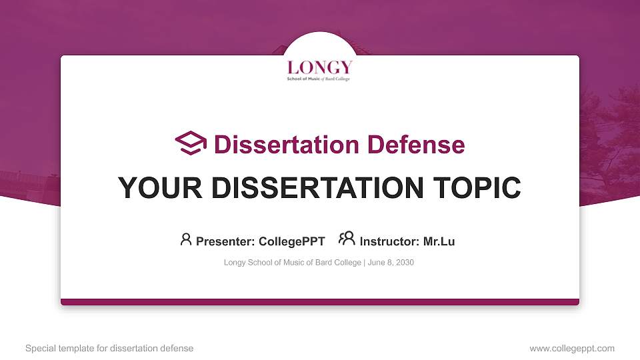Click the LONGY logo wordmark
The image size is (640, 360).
(319, 67)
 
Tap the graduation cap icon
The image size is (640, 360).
(191, 143)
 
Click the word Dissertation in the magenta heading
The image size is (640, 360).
(287, 145)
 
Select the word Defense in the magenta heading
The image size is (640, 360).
(416, 145)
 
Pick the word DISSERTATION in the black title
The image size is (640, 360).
(317, 188)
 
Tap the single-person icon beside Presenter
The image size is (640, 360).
(186, 239)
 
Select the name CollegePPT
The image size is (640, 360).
(292, 241)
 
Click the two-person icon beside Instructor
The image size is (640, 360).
(347, 238)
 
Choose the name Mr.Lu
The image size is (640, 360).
(439, 241)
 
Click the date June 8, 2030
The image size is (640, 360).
(391, 263)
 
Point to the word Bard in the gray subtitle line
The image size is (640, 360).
(323, 263)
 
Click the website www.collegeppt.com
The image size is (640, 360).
(572, 349)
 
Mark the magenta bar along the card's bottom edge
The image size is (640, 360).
(320, 302)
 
